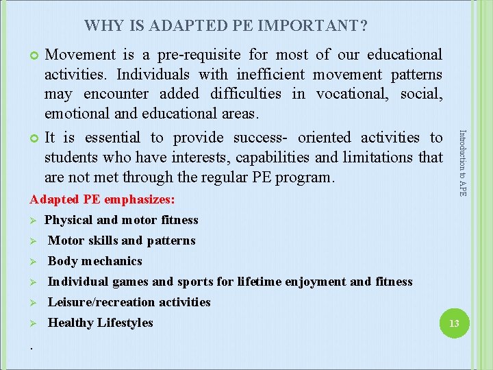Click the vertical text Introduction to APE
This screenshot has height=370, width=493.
coord(463,163)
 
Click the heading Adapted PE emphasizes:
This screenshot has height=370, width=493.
coord(102,200)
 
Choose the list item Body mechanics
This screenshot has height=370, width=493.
coord(94,261)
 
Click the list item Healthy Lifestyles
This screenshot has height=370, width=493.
coord(100,323)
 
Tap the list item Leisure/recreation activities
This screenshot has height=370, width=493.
coord(129,302)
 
